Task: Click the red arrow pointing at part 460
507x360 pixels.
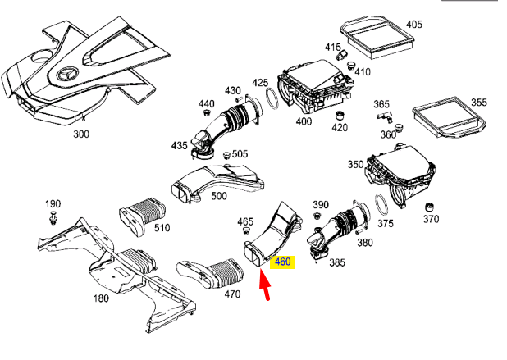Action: coord(265,285)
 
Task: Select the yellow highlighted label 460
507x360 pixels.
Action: coord(283,262)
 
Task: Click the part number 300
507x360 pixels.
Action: coord(82,133)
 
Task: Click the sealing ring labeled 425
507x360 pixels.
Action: coord(267,103)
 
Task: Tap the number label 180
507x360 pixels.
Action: coord(99,298)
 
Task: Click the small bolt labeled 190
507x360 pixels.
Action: coord(53,218)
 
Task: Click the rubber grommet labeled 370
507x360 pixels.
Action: coord(429,204)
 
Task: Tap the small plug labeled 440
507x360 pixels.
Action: coord(207,113)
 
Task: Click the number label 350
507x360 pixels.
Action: coord(354,165)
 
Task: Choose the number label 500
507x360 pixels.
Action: coord(219,196)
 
